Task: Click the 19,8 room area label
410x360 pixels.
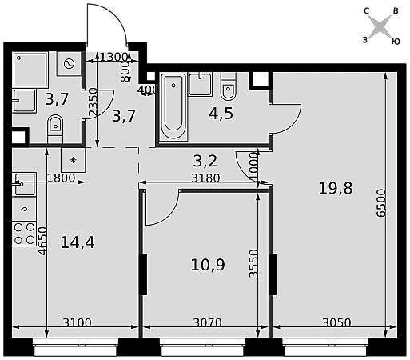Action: point(336,188)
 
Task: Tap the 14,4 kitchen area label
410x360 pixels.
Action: point(78,242)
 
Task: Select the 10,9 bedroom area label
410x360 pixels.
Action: point(208,265)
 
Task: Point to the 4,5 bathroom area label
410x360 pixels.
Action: point(221,114)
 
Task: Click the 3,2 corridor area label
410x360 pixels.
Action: point(205,161)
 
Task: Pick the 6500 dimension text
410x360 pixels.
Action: point(381,203)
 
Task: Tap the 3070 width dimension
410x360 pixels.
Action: point(207,322)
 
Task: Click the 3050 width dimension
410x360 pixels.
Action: point(336,322)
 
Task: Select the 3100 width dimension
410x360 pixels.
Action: point(77,322)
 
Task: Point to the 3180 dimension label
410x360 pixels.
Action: point(205,178)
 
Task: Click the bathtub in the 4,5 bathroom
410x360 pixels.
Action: point(173,106)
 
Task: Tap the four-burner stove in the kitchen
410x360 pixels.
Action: point(24,234)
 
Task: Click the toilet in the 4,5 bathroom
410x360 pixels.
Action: point(229,86)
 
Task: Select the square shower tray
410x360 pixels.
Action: point(30,70)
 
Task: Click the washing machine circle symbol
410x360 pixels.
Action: point(69,63)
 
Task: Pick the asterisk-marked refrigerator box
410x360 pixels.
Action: point(74,160)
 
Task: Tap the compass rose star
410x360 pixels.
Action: point(380,26)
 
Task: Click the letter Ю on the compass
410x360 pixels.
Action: point(396,42)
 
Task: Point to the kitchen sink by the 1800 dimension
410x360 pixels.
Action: point(24,184)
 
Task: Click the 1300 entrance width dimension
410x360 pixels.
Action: point(113,57)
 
